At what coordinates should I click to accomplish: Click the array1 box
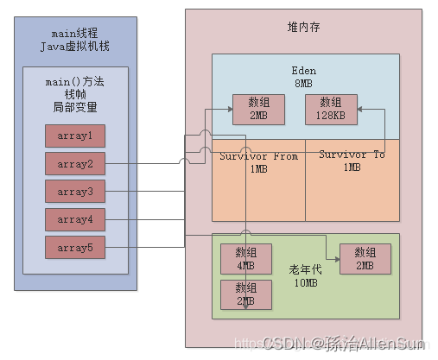click(x=75, y=136)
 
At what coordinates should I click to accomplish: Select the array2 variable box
click(x=75, y=163)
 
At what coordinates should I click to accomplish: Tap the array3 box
click(x=75, y=191)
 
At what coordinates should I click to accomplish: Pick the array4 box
click(x=75, y=219)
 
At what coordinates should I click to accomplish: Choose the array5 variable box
click(x=75, y=247)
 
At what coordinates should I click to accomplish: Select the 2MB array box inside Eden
click(x=257, y=109)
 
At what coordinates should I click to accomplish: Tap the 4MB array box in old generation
click(x=246, y=258)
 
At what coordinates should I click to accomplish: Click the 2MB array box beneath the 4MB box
click(x=246, y=294)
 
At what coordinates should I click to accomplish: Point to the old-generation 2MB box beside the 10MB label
click(x=365, y=258)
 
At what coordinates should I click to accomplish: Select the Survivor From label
click(x=257, y=161)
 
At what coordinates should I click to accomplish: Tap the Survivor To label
click(x=352, y=161)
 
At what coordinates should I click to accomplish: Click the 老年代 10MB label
click(x=304, y=275)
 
